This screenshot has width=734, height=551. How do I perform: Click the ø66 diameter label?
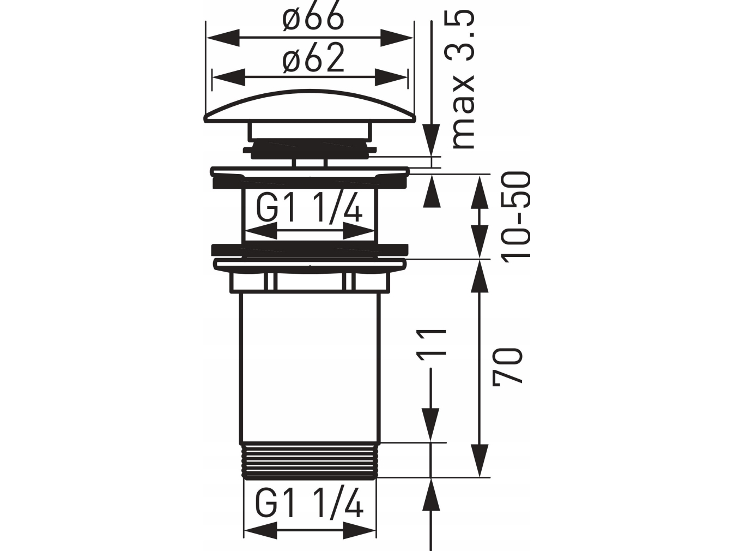(x=313, y=17)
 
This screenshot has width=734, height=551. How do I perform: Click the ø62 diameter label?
(x=313, y=58)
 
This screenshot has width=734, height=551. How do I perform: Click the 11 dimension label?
(x=432, y=347)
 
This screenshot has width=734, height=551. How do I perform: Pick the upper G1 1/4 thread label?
(x=309, y=209)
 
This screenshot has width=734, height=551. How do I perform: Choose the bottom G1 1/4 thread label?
(x=309, y=502)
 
